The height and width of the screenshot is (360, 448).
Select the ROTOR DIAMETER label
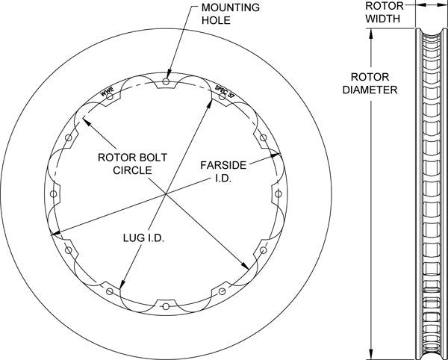(x=369, y=82)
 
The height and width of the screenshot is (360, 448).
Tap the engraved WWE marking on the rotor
(x=107, y=93)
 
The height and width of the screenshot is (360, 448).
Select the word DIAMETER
(x=369, y=89)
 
